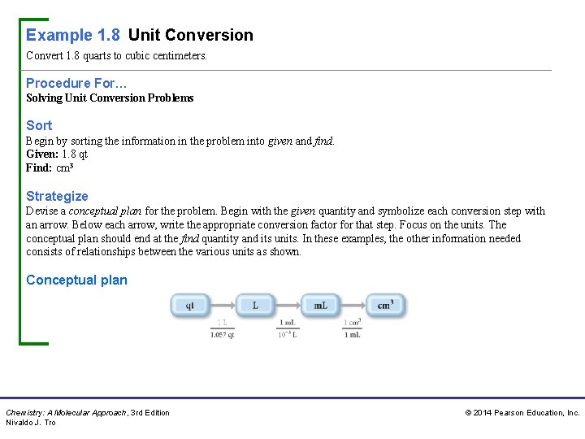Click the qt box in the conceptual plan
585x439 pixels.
coord(189,306)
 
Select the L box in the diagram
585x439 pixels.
coord(255,306)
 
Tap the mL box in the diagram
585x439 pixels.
coord(320,306)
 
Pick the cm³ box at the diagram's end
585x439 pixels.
coord(386,306)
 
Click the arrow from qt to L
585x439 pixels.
coord(222,306)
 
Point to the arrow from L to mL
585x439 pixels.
coord(288,306)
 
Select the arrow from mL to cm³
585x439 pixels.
coord(353,306)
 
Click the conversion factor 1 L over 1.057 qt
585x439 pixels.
coord(222,328)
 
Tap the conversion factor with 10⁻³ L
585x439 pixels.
coord(288,328)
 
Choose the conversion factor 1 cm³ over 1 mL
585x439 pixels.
coord(353,328)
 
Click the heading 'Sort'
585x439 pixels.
coord(39,125)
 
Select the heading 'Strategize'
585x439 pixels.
coord(57,196)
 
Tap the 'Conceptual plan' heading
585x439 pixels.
coord(76,280)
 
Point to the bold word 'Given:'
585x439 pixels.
coord(41,154)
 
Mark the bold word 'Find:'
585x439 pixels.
coord(39,168)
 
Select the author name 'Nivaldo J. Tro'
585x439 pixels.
coord(31,423)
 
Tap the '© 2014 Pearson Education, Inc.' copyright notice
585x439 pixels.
coord(522,413)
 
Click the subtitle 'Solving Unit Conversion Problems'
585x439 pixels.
coord(110,98)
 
